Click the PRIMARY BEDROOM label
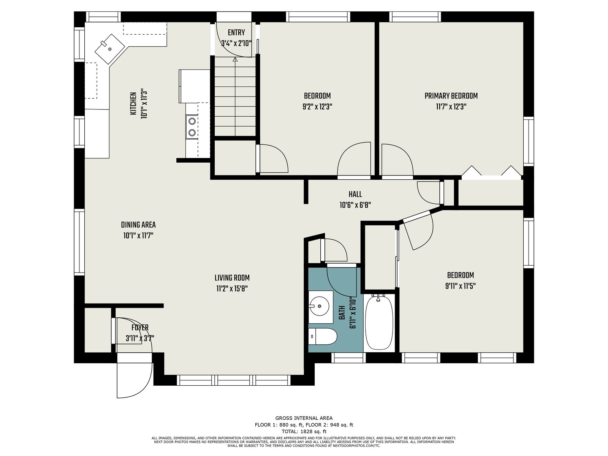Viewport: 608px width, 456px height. coord(451,96)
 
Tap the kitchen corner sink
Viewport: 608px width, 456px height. coord(110,49)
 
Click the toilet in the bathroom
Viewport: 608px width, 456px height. coord(322,336)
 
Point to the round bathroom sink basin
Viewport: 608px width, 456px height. coord(319,306)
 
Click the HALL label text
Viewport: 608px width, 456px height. coord(355,194)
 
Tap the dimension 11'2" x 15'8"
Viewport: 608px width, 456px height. coord(232,289)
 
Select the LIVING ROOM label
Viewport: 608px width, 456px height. coord(232,278)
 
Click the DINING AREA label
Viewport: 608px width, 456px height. coord(138,225)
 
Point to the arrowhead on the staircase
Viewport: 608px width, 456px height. coord(235,59)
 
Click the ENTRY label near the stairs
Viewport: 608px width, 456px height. coord(236,33)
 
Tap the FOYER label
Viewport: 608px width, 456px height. coord(140,328)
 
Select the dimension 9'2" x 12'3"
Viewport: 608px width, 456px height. coord(317,107)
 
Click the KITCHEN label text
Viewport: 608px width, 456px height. coord(133,104)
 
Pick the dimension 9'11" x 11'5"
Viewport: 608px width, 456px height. coord(460,286)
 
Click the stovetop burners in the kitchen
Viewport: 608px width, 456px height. coord(192,127)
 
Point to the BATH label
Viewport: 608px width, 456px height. coord(342,313)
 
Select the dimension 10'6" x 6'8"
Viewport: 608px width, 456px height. coord(355,205)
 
